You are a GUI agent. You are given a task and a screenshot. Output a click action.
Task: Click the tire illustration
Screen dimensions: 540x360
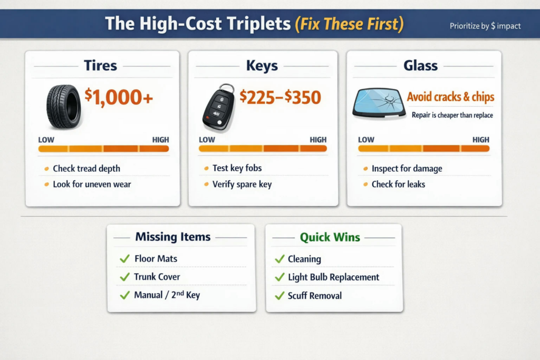point(64,107)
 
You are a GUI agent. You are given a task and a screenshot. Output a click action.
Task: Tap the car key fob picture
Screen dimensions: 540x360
point(218,107)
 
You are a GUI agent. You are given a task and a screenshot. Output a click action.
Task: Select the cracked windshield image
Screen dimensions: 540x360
point(379,103)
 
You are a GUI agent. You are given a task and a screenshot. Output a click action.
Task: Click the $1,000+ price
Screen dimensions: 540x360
point(119,96)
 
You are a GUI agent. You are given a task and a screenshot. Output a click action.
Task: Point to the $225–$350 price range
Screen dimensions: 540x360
point(280,97)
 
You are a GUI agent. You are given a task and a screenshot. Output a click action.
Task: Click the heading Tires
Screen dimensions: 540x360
point(101,65)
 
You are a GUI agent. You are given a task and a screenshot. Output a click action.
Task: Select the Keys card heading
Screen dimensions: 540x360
point(262,65)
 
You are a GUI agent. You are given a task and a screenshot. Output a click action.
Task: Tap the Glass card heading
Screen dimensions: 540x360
point(420,65)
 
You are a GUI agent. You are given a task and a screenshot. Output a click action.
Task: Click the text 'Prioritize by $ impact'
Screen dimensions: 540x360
point(485,26)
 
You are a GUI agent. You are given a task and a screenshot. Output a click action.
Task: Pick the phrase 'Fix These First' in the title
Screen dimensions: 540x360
point(349,24)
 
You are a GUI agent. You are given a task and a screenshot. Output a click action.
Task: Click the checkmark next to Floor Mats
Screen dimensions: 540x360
point(124,258)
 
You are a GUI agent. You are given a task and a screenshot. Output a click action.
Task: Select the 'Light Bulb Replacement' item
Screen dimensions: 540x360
point(333,277)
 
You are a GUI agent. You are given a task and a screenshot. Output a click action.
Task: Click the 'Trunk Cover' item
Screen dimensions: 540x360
point(157,277)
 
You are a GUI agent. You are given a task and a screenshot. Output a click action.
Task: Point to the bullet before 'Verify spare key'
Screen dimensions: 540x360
point(206,184)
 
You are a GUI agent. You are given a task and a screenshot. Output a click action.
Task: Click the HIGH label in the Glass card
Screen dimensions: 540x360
point(481,140)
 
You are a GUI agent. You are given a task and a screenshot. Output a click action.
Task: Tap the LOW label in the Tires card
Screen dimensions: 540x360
point(46,140)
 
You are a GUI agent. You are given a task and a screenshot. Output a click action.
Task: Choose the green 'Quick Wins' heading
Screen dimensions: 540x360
point(330,237)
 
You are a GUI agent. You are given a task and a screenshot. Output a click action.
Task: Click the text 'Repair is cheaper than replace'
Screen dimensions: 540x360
point(452,115)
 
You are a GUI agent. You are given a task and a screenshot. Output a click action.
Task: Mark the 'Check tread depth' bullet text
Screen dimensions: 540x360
point(86,168)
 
